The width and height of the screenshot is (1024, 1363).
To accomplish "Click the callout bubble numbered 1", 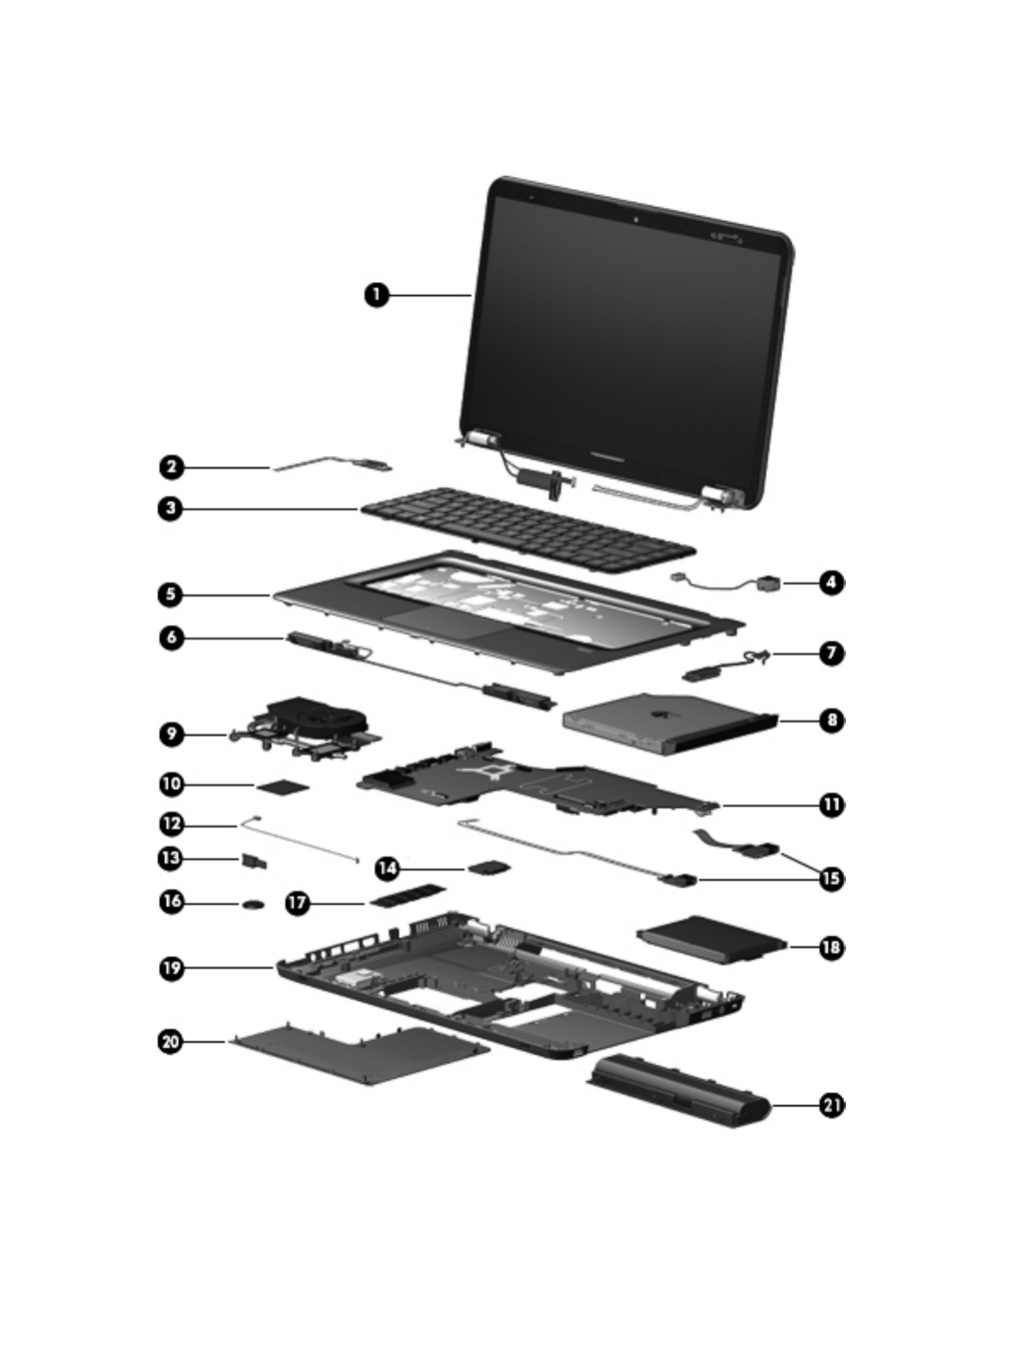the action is coord(376,294).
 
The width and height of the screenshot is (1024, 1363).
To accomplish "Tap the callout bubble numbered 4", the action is coord(832,582).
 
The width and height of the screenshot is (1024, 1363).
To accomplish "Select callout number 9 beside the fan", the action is coord(171,734).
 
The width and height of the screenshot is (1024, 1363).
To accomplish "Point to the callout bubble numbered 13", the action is coord(171,858).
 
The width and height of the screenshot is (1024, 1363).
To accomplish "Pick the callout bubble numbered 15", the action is coord(832,879).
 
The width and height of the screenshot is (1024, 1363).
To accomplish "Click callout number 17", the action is coord(298,903).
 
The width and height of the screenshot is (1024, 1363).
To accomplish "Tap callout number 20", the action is coord(171,1042).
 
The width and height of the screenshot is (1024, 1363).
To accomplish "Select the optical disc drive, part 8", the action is coord(669,723).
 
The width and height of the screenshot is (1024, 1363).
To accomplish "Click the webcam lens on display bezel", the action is coord(636,220).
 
